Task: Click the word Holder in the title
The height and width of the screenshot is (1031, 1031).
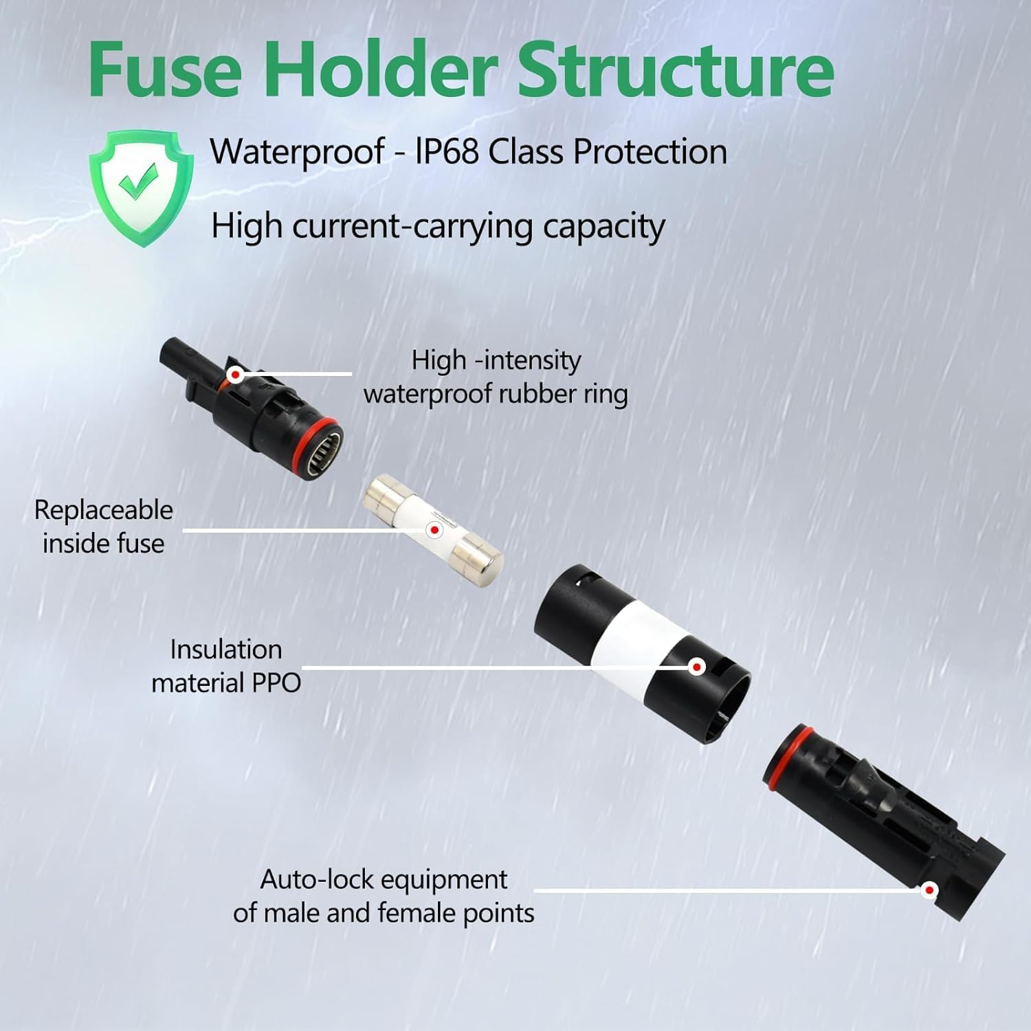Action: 378,69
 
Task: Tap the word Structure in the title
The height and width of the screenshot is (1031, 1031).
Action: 675,69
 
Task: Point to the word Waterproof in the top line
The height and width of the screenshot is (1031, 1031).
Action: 297,151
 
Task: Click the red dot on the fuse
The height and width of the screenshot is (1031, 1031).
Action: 434,530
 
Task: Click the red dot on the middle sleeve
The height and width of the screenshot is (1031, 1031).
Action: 697,667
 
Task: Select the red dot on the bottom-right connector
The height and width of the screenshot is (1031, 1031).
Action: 929,890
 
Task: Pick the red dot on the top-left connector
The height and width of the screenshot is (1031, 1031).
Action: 236,375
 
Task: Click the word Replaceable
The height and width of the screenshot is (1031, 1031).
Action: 103,510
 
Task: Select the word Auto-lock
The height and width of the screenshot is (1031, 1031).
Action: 316,880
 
